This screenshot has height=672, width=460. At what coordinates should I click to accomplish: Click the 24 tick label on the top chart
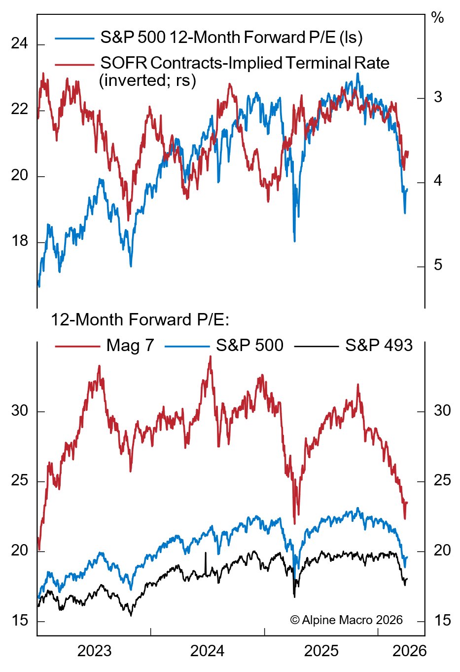[x=20, y=44]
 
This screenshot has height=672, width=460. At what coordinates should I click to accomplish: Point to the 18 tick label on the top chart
[x=20, y=241]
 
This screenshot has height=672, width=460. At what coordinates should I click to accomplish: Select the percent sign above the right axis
[x=437, y=18]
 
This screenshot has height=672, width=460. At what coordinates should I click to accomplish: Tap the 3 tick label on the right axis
[x=438, y=97]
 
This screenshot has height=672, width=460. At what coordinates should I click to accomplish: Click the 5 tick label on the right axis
[x=438, y=265]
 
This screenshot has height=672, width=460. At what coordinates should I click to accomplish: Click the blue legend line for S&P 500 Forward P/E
[x=74, y=38]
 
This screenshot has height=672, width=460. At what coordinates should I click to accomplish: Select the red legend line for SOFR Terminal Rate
[x=74, y=64]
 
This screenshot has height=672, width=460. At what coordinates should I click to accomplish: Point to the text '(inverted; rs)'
[x=147, y=80]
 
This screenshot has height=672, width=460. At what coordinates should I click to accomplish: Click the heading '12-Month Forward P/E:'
[x=140, y=320]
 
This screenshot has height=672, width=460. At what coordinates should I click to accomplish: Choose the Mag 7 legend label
[x=130, y=346]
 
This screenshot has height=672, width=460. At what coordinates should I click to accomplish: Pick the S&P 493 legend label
[x=379, y=346]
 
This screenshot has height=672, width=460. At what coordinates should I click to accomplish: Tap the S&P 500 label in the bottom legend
[x=249, y=346]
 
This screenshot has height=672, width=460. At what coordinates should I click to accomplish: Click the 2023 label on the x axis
[x=94, y=651]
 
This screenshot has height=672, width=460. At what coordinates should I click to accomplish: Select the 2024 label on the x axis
[x=207, y=651]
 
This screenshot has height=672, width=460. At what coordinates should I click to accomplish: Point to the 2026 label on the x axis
[x=409, y=651]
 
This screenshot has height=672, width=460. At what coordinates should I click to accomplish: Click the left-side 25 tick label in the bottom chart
[x=20, y=480]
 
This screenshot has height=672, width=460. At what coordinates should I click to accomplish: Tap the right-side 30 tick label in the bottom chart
[x=442, y=410]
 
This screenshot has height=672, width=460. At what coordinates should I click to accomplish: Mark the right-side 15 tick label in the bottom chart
[x=442, y=620]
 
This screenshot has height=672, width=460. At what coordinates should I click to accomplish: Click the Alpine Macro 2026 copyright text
[x=346, y=620]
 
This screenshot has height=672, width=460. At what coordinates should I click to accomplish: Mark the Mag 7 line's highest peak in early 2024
[x=211, y=356]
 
